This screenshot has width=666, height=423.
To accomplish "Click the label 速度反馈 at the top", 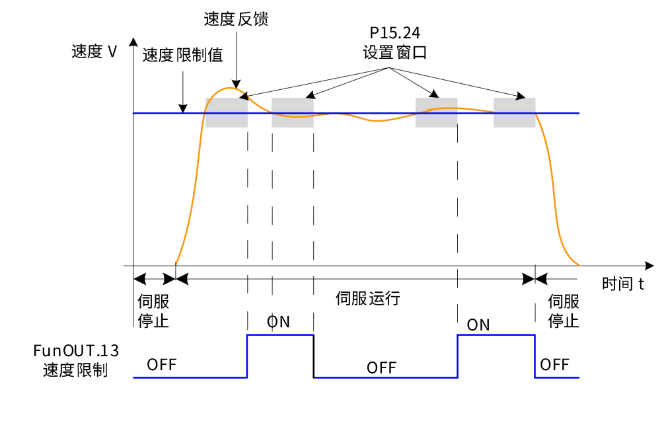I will tap(236, 19).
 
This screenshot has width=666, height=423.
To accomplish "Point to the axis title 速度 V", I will tap(94, 52).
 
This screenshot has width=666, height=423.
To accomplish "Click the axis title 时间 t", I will tap(622, 284).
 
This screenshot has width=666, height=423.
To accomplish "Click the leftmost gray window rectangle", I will tap(227, 112).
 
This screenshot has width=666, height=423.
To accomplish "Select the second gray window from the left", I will tap(292, 112).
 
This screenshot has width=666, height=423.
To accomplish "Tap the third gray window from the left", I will tap(436, 112).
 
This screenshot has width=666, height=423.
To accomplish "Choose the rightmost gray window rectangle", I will tap(514, 112).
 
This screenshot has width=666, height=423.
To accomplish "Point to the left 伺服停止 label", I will tap(154, 311).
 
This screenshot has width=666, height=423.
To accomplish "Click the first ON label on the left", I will tap(279, 323).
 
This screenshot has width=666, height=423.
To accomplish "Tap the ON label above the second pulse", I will tap(478, 325).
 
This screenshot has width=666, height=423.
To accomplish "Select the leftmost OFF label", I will tap(162, 364).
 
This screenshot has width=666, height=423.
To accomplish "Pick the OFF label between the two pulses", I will tap(382, 367).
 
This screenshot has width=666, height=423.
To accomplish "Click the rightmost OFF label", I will tap(554, 364).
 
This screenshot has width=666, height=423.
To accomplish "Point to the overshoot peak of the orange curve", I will tap(232, 87).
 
